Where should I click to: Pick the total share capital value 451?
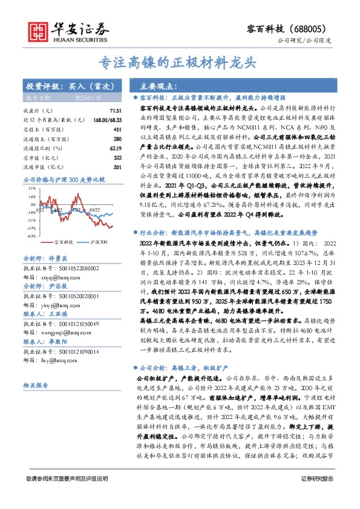pos(109,129)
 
